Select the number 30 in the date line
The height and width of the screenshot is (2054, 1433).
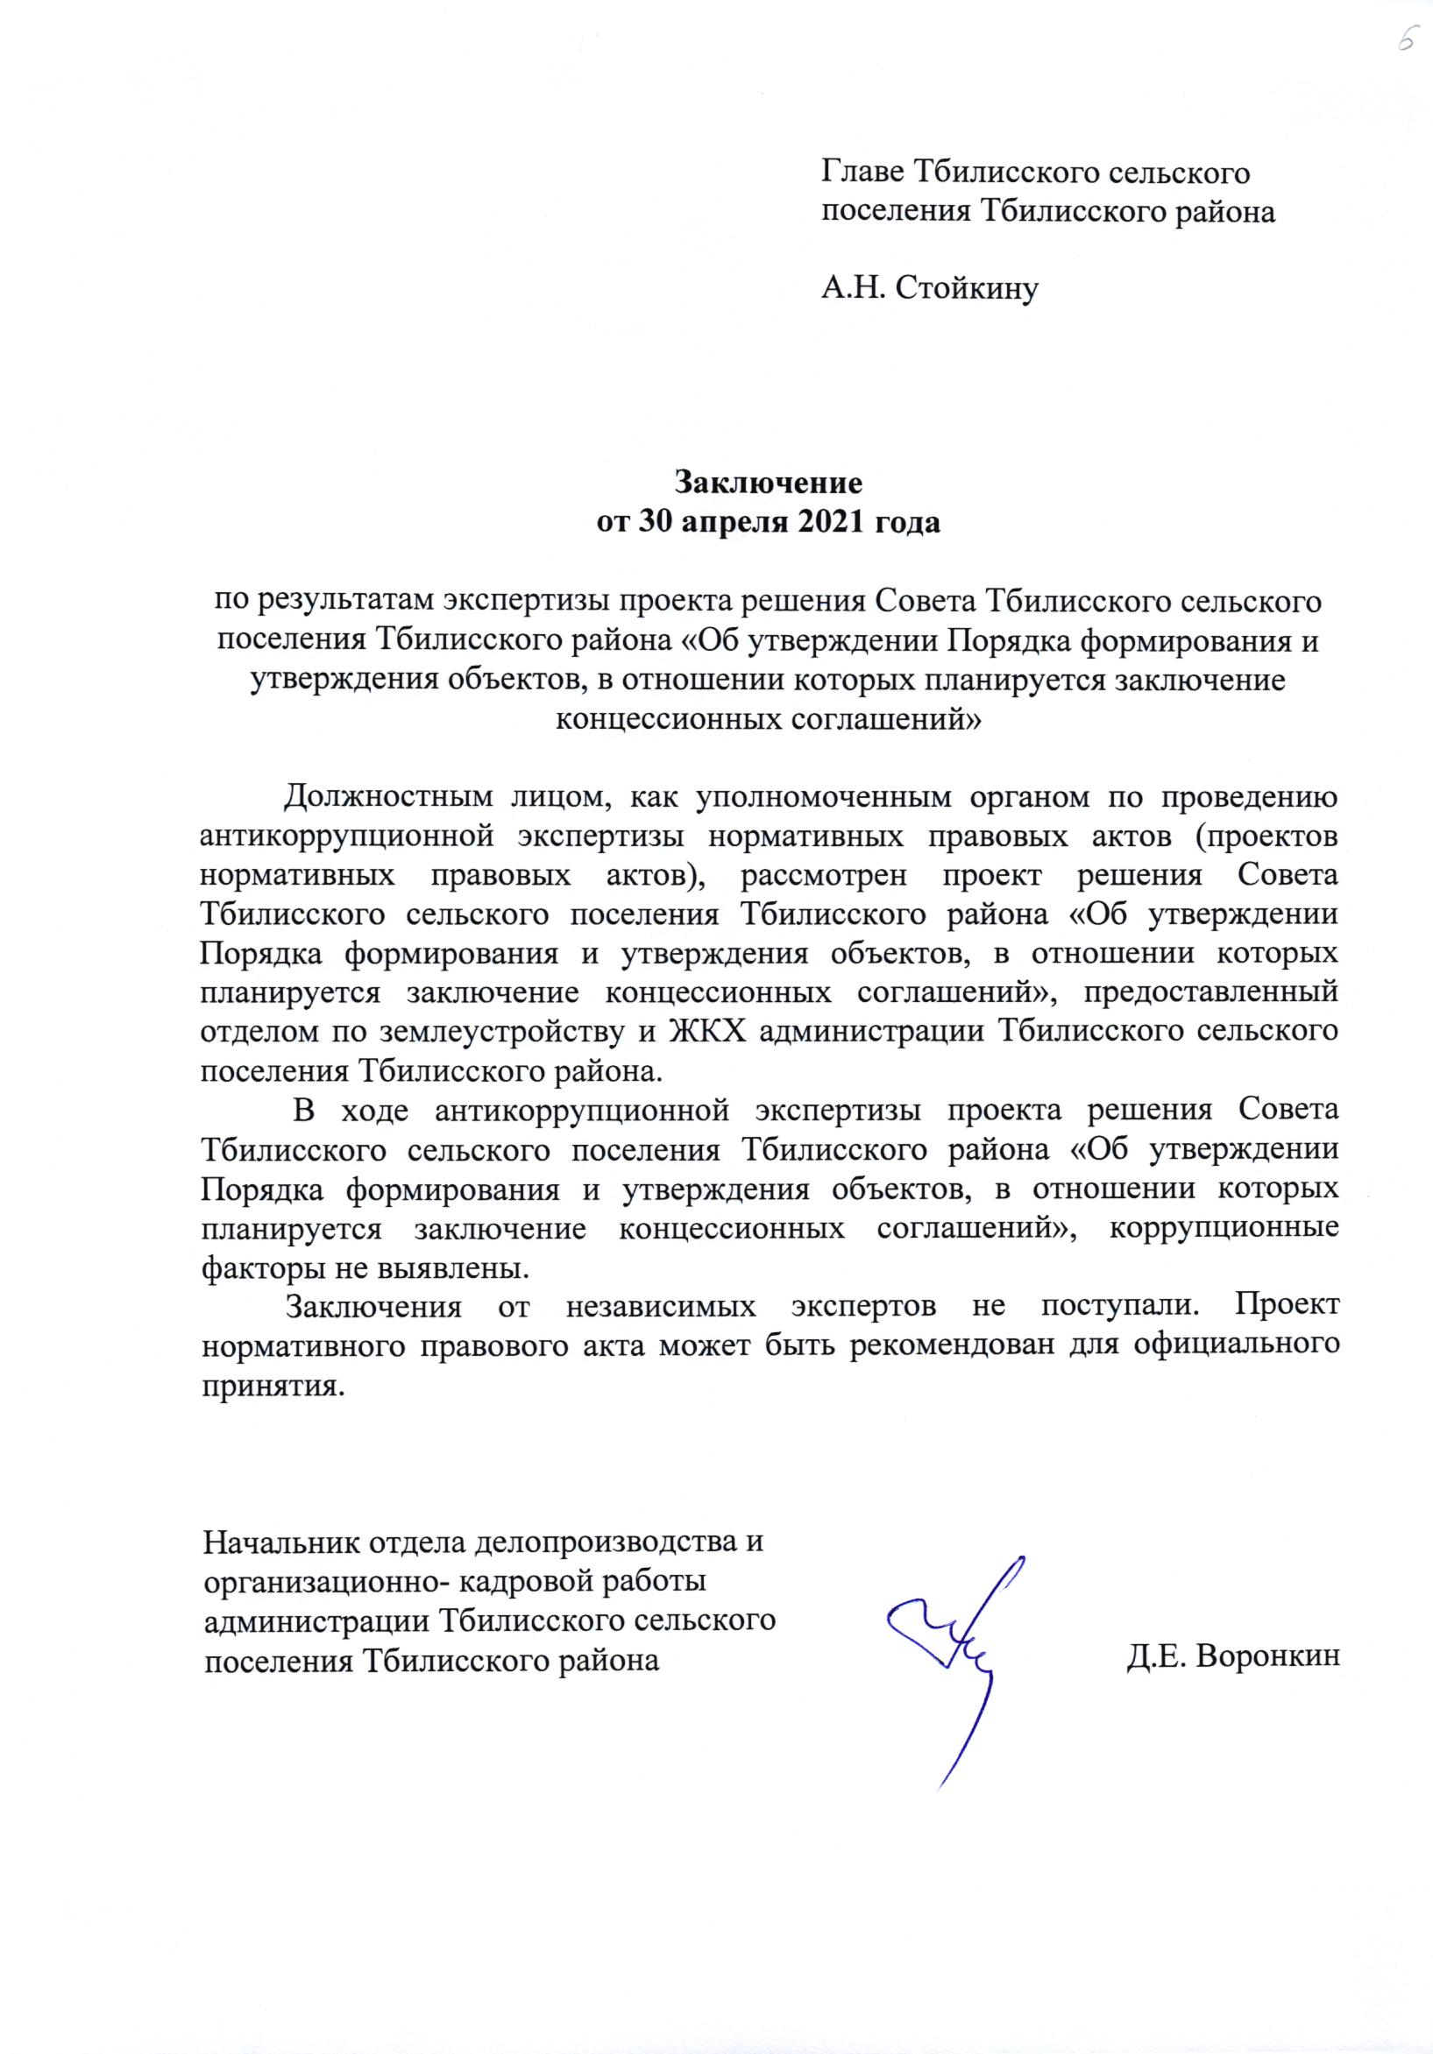coord(656,523)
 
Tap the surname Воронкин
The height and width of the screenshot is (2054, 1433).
coord(1266,1657)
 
